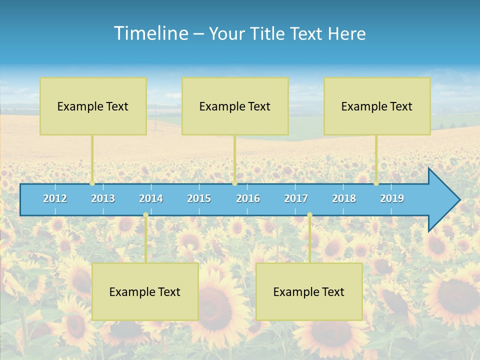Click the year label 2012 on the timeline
click(x=55, y=198)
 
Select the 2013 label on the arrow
click(x=103, y=198)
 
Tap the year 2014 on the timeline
click(x=151, y=198)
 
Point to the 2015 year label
click(x=199, y=198)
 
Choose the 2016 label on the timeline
click(x=248, y=198)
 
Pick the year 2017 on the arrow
click(x=296, y=198)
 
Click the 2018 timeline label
click(x=344, y=198)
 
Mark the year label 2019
click(x=392, y=198)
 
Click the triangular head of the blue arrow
click(x=443, y=200)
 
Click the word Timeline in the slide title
click(x=150, y=33)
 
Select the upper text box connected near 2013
click(x=93, y=106)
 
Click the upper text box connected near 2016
click(x=235, y=106)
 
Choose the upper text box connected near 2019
click(x=377, y=106)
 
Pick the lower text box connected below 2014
click(x=145, y=291)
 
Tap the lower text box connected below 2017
click(x=309, y=291)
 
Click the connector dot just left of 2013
click(x=92, y=183)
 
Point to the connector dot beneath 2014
click(x=145, y=215)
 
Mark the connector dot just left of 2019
click(x=376, y=183)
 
